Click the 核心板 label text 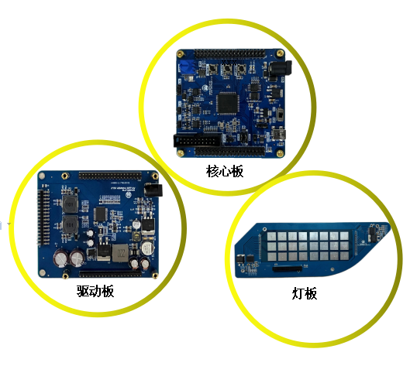pyautogui.click(x=225, y=171)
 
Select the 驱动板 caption pyautogui.click(x=95, y=291)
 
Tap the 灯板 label pyautogui.click(x=305, y=293)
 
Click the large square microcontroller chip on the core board pyautogui.click(x=227, y=103)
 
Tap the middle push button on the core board pyautogui.click(x=227, y=70)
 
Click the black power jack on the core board pyautogui.click(x=280, y=70)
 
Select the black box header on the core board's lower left pyautogui.click(x=198, y=140)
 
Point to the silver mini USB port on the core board pyautogui.click(x=279, y=135)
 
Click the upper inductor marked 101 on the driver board pyautogui.click(x=70, y=204)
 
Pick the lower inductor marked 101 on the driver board pyautogui.click(x=70, y=224)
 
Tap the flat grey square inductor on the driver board pyautogui.click(x=120, y=253)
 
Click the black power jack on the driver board pyautogui.click(x=153, y=190)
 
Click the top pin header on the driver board pyautogui.click(x=110, y=176)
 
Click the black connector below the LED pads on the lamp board pyautogui.click(x=288, y=269)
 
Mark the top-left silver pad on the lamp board pyautogui.click(x=271, y=236)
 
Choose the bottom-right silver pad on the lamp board pyautogui.click(x=344, y=256)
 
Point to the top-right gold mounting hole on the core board pyautogui.click(x=280, y=53)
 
